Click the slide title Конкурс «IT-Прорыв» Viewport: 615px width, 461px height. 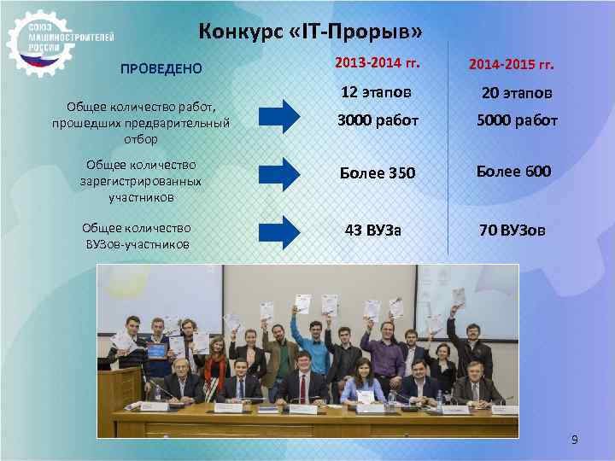310,32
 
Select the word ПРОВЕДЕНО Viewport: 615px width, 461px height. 161,68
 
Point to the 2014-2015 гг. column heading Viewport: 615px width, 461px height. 512,65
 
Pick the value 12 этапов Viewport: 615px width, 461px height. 376,91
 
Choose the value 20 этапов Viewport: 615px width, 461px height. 516,92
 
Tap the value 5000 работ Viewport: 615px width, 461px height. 516,120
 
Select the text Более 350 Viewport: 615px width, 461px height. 377,173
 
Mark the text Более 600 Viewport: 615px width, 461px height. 513,172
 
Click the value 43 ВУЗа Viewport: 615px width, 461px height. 372,230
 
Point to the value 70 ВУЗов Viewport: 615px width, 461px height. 512,230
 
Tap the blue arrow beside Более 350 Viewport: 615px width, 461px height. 279,173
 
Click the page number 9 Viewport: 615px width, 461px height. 574,441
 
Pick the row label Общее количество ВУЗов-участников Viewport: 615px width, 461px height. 137,236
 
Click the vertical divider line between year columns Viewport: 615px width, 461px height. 448,154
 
